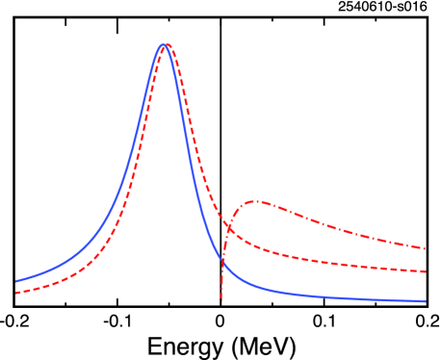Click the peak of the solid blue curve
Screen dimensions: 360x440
(x=163, y=45)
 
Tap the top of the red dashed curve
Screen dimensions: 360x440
(x=167, y=45)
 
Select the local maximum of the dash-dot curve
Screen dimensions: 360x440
(x=255, y=202)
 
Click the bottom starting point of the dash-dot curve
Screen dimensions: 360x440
(x=220, y=300)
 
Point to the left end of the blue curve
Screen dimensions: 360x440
(x=16, y=281)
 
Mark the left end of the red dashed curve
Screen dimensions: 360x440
(x=16, y=292)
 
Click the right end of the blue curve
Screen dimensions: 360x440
(x=425, y=301)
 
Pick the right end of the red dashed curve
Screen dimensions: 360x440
(x=425, y=271)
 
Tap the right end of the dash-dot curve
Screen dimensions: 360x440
(x=425, y=248)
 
